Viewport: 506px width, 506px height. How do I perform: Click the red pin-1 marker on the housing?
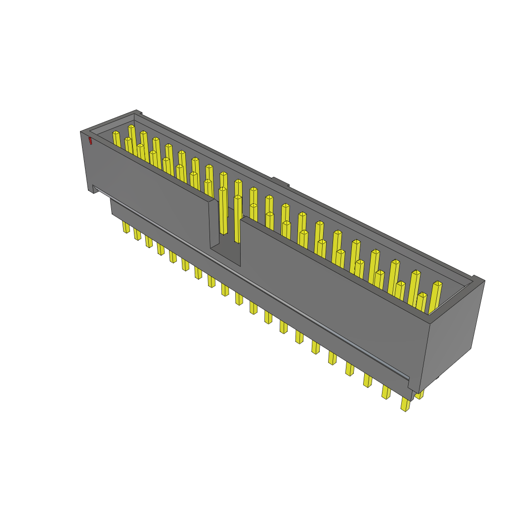click(x=90, y=141)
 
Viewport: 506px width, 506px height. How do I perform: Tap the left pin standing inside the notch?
click(x=223, y=210)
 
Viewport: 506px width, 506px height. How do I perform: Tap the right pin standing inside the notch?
click(x=238, y=217)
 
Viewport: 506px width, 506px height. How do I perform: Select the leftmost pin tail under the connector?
click(x=126, y=227)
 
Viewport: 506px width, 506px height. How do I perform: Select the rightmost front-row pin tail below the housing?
click(x=405, y=404)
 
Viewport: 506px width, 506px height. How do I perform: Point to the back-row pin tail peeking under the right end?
click(x=420, y=394)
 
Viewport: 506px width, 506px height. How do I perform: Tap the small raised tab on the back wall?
click(x=280, y=182)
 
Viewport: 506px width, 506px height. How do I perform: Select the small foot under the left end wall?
click(x=93, y=190)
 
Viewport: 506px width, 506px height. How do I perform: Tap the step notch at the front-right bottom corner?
click(x=412, y=393)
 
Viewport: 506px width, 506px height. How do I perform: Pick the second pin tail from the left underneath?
click(x=137, y=234)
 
